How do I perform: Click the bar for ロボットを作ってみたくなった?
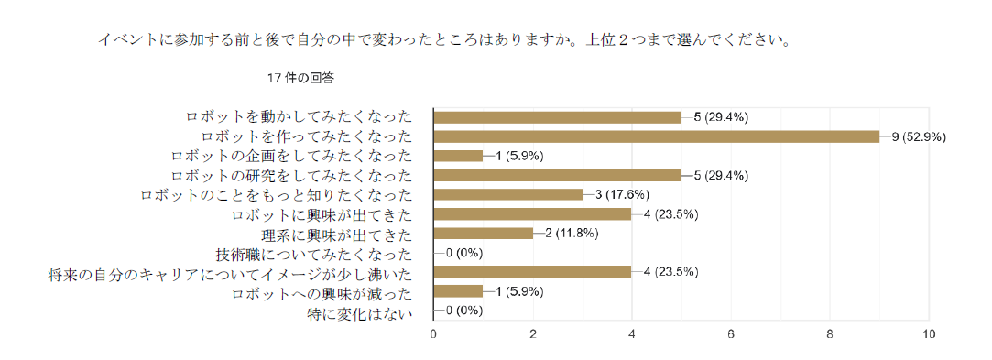[x=656, y=136]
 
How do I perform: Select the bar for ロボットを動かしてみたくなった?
[x=557, y=117]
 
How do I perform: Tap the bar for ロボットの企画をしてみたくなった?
[x=458, y=157]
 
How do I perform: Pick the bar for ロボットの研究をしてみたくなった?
[x=557, y=175]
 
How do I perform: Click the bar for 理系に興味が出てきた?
[x=483, y=234]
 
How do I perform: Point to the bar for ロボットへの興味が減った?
[x=458, y=291]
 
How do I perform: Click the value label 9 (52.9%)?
[x=919, y=136]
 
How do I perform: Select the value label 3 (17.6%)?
[x=623, y=195]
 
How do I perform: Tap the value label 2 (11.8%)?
[x=572, y=234]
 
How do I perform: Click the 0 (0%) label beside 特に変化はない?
[x=464, y=311]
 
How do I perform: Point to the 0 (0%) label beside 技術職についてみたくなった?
[x=464, y=253]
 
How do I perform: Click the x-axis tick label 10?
[x=929, y=334]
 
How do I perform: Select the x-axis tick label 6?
[x=731, y=334]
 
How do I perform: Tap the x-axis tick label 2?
[x=533, y=334]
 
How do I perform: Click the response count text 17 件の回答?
[x=300, y=79]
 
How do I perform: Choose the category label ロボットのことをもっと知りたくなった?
[x=277, y=195]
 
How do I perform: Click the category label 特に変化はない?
[x=360, y=312]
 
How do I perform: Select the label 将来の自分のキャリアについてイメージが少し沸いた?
[x=231, y=274]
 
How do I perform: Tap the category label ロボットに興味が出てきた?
[x=322, y=214]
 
